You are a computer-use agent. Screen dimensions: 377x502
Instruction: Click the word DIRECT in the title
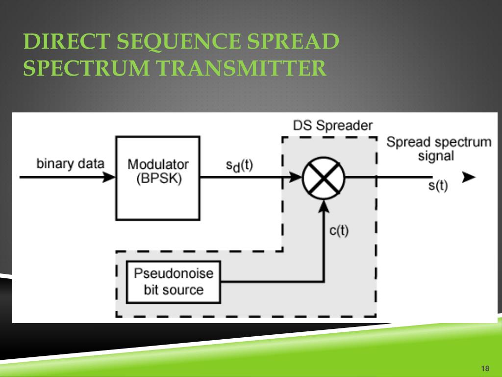click(66, 42)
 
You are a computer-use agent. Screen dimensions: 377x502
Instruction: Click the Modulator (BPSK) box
click(157, 178)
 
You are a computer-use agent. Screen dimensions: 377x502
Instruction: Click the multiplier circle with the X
click(324, 178)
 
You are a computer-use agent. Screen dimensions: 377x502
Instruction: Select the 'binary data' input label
click(70, 163)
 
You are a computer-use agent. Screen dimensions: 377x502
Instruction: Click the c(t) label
click(339, 230)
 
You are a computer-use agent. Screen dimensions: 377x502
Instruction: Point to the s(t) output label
click(438, 187)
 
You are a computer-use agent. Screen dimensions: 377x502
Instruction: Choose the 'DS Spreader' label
click(333, 126)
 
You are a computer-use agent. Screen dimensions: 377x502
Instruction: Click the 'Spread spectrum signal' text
click(438, 149)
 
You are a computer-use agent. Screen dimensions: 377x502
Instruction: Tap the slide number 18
click(486, 369)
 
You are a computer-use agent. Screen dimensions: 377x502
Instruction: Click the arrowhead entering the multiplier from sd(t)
click(296, 178)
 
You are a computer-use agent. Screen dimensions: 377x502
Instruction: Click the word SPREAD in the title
click(294, 42)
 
